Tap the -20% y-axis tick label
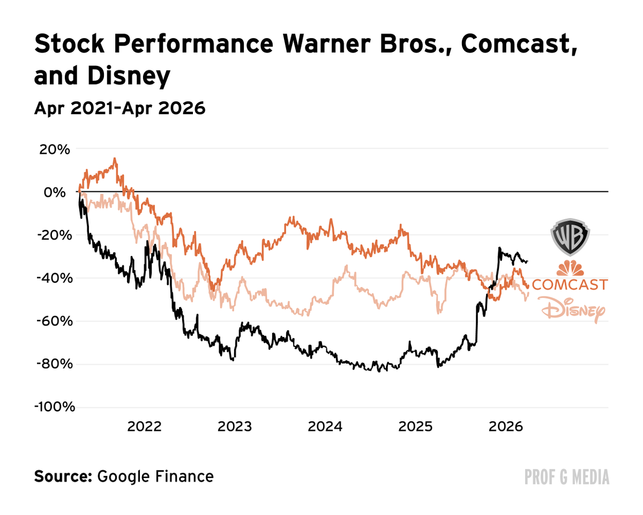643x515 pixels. [54, 235]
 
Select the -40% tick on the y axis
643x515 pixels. [54, 278]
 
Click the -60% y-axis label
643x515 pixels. [54, 321]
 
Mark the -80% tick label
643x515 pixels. [54, 364]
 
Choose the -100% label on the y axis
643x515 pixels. [54, 407]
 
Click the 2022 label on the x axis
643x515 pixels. [144, 427]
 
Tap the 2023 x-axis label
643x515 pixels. [235, 427]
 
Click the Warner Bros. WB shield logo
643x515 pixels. [570, 236]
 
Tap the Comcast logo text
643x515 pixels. [570, 284]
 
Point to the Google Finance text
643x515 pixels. [155, 476]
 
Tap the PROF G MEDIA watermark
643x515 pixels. [567, 476]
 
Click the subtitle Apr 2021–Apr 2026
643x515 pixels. [119, 108]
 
